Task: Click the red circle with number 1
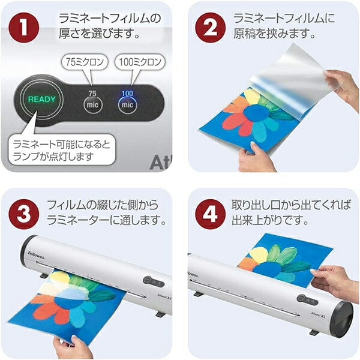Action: click(x=24, y=28)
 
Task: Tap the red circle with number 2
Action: click(x=211, y=28)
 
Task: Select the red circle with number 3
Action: click(x=24, y=214)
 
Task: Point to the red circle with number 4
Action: click(x=211, y=214)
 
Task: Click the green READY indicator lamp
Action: click(x=42, y=100)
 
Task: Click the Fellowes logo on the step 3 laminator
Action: click(x=36, y=256)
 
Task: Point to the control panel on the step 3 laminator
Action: click(x=154, y=282)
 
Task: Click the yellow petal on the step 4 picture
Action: click(x=259, y=256)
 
